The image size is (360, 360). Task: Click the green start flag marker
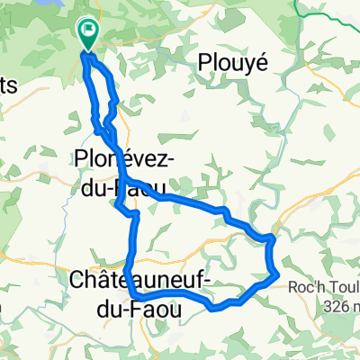tap(89, 34)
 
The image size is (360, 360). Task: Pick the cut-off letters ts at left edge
tap(6, 83)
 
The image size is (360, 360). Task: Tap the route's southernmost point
tap(216, 308)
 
